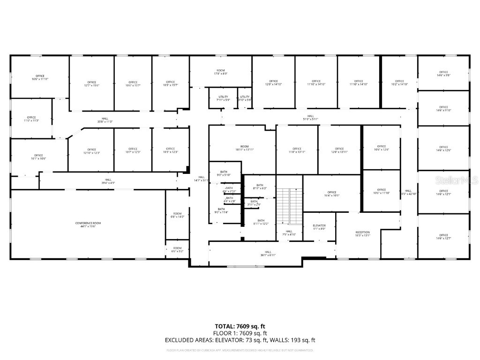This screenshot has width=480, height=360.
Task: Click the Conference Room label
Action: [x=88, y=225]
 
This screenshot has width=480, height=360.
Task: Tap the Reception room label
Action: [x=362, y=234]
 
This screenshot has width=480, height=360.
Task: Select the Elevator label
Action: [x=319, y=227]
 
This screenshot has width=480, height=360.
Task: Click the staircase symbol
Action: [x=289, y=206]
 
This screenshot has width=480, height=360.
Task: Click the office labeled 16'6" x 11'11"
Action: [x=40, y=77]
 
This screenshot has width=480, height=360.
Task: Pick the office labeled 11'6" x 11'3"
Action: [x=31, y=119]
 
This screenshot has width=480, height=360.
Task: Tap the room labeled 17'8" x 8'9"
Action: [x=221, y=72]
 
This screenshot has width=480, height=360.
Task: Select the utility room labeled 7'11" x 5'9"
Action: [x=223, y=98]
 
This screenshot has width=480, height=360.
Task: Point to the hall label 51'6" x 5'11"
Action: [x=310, y=117]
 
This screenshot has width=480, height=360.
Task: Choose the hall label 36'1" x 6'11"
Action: [x=268, y=253]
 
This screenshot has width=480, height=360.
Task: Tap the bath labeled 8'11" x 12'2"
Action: [x=261, y=222]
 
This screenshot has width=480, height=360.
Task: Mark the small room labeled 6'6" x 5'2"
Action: [x=177, y=249]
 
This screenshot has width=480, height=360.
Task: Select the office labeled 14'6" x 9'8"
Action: [x=443, y=74]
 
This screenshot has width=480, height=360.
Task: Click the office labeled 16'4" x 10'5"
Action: [x=332, y=194]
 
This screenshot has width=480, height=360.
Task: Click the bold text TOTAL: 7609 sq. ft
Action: [x=240, y=326]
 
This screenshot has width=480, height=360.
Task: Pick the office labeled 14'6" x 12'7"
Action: [x=443, y=237]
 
